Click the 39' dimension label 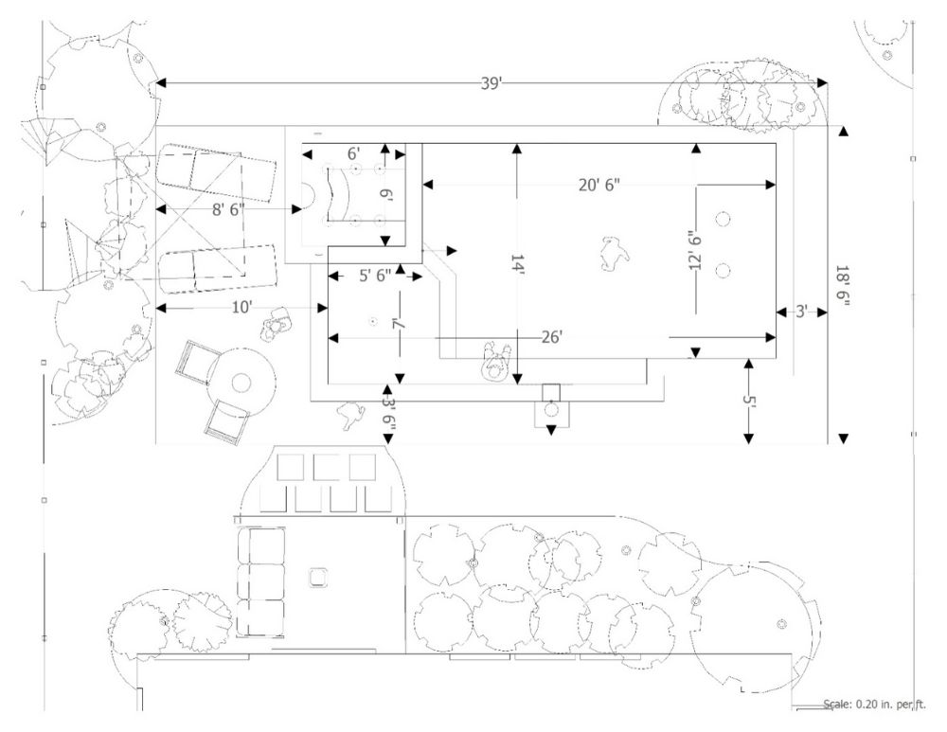tap(491, 83)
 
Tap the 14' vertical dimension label tap(517, 264)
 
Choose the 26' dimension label tap(551, 337)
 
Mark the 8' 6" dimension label tap(228, 209)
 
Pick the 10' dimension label tap(241, 308)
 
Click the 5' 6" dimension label tap(375, 276)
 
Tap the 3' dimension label tap(801, 312)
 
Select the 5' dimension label tap(749, 401)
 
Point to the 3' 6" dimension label tap(388, 413)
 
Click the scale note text tap(874, 705)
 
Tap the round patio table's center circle tap(241, 383)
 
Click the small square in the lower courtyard tap(317, 578)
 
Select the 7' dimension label tap(398, 324)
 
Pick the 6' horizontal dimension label tap(354, 154)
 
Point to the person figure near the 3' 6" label tap(349, 416)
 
